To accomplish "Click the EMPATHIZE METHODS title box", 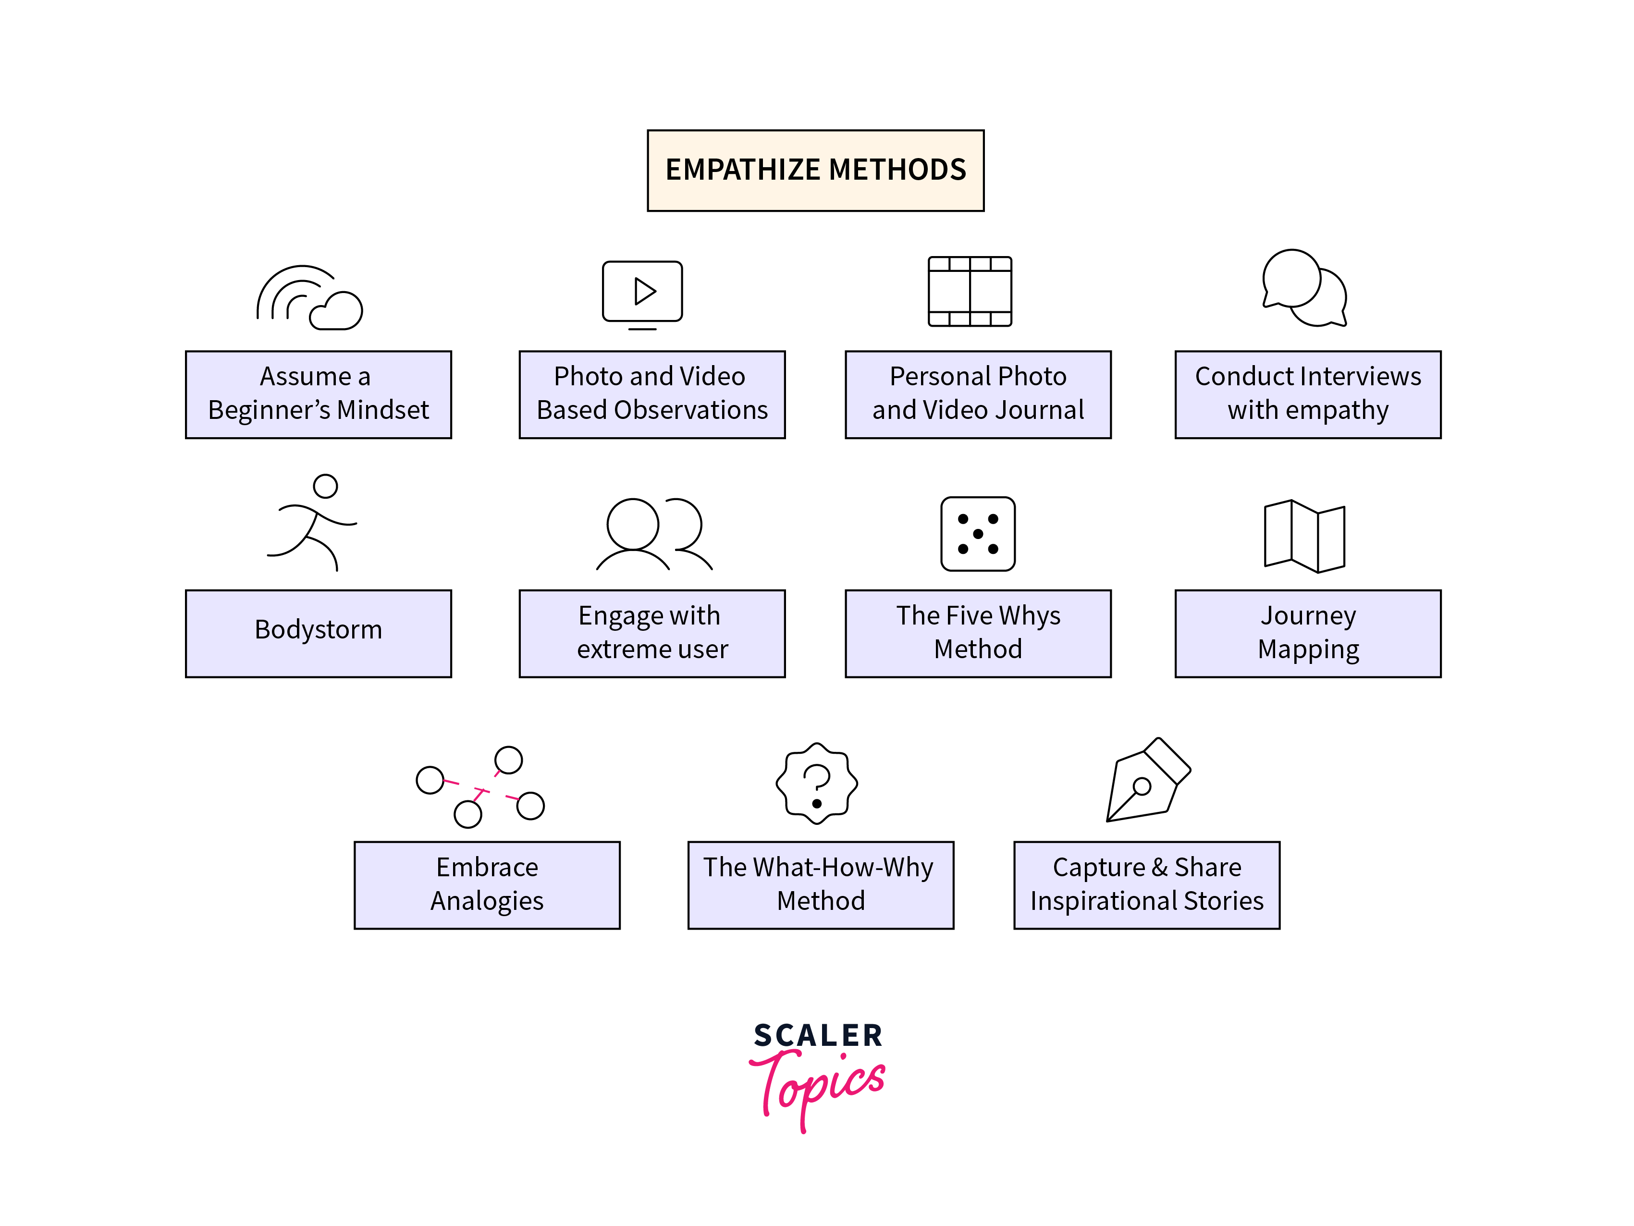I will tap(815, 171).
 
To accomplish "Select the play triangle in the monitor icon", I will tap(644, 291).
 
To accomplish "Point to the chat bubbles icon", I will tap(1304, 289).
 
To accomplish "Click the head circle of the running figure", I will tap(325, 486).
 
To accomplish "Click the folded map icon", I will tap(1304, 536).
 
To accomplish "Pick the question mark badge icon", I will tap(816, 784).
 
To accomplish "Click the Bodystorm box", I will tap(319, 633).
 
